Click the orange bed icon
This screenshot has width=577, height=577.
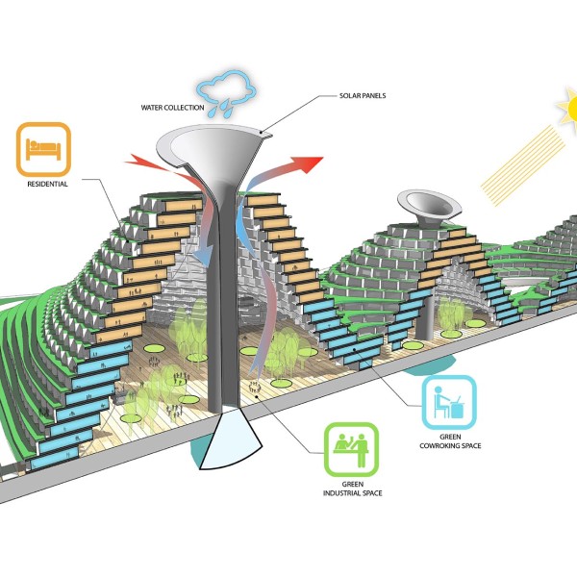(43, 149)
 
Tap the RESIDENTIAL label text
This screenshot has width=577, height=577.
(47, 184)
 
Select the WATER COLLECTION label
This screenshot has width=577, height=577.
(172, 108)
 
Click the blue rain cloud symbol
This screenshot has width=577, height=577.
(227, 88)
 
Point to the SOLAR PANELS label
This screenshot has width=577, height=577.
(363, 95)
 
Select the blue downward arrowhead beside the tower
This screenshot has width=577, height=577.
(203, 257)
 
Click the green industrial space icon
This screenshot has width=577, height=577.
(351, 449)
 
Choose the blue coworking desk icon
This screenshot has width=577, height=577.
(449, 403)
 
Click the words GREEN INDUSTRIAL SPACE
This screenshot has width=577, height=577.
(353, 489)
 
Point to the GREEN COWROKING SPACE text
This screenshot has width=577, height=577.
(450, 441)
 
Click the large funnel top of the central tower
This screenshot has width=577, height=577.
(213, 147)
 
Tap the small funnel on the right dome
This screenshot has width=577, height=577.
(429, 205)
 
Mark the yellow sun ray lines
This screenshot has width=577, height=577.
(522, 165)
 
